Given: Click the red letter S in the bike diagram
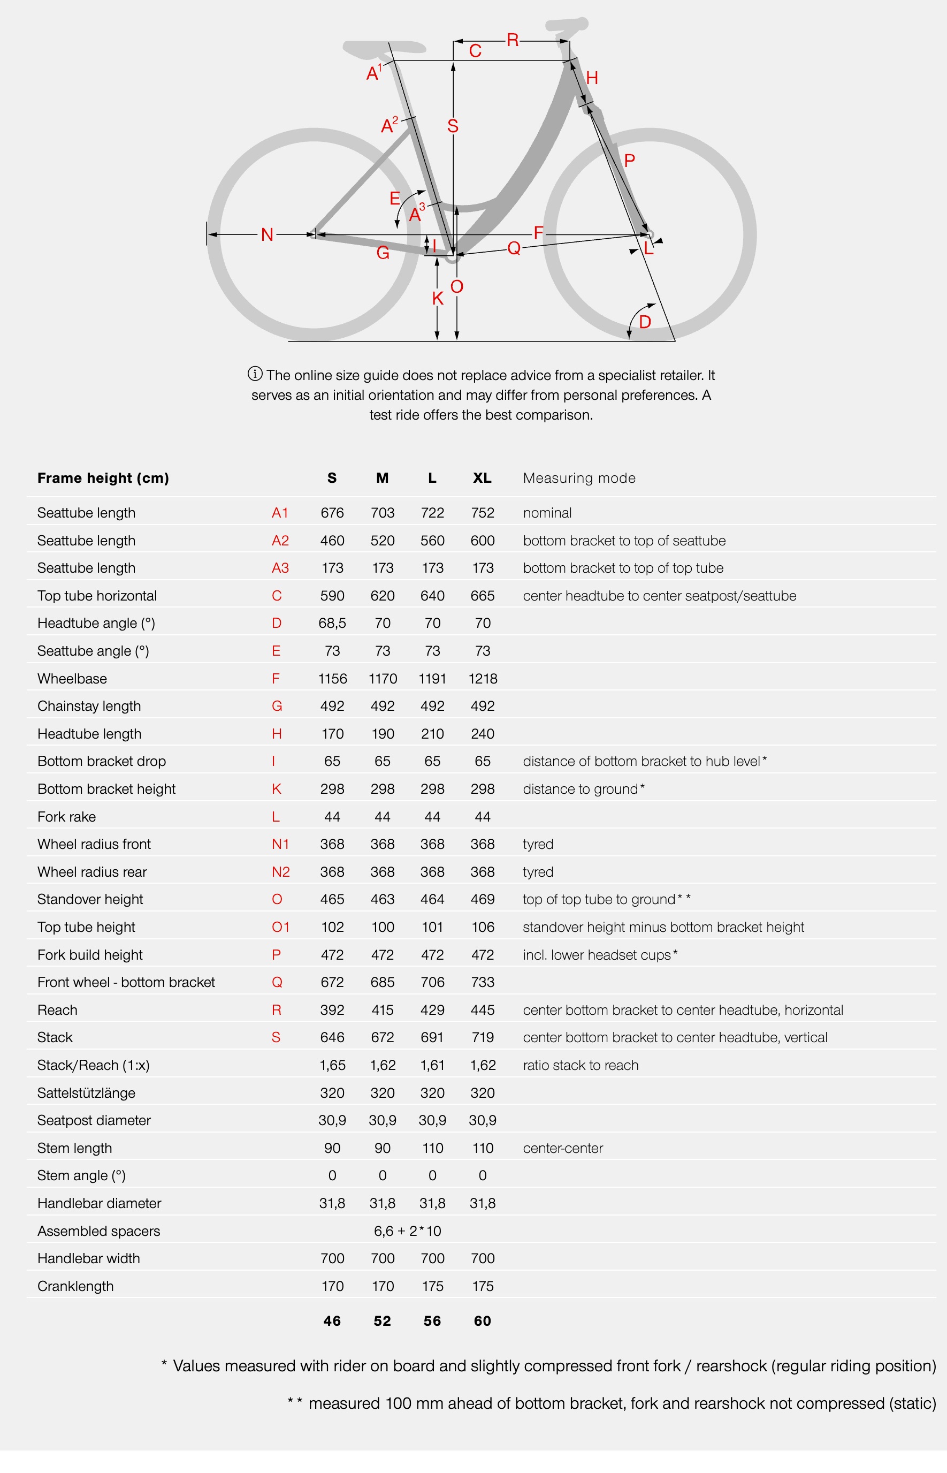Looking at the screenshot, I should pyautogui.click(x=453, y=126).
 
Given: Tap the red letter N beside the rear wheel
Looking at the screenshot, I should pyautogui.click(x=267, y=234).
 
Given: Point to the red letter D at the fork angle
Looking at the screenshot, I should pyautogui.click(x=645, y=322).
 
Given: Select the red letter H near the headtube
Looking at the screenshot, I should pyautogui.click(x=592, y=78).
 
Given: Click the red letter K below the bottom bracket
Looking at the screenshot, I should pyautogui.click(x=438, y=298).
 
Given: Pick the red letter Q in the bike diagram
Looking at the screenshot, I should pyautogui.click(x=514, y=248).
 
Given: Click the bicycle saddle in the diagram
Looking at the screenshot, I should pyautogui.click(x=384, y=47).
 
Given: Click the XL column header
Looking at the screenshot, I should pyautogui.click(x=482, y=478).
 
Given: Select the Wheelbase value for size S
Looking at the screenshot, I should pyautogui.click(x=332, y=678).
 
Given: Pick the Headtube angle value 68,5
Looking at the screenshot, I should pyautogui.click(x=332, y=623).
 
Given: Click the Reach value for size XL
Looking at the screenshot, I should pyautogui.click(x=482, y=1010).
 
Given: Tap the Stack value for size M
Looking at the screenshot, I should pyautogui.click(x=383, y=1037).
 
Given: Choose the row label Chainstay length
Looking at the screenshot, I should pyautogui.click(x=89, y=706).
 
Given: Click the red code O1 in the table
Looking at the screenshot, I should pyautogui.click(x=280, y=927).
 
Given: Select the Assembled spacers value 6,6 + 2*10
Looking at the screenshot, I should pyautogui.click(x=407, y=1231).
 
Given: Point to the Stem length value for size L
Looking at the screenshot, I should pyautogui.click(x=432, y=1148).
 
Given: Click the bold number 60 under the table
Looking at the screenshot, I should pyautogui.click(x=482, y=1320).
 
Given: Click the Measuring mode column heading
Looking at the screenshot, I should pyautogui.click(x=579, y=478).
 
